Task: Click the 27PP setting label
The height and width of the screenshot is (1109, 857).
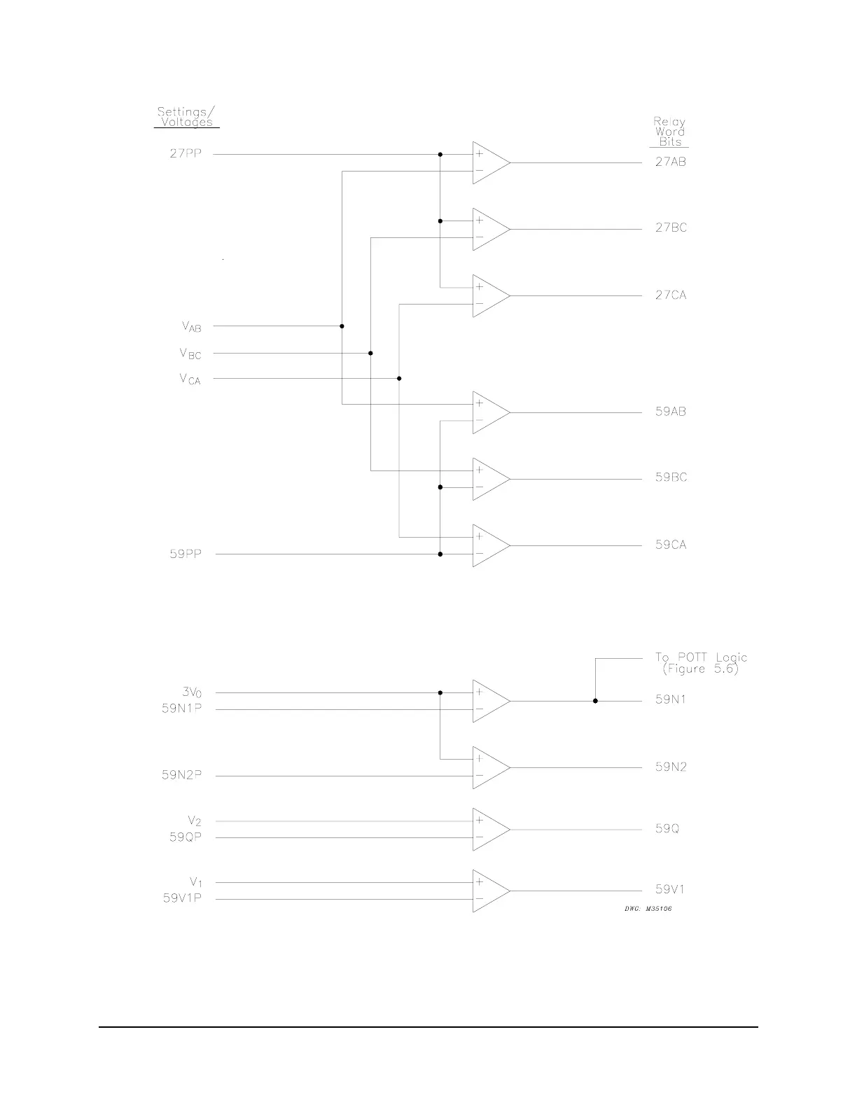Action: click(x=185, y=154)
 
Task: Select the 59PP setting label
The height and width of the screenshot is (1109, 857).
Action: click(x=185, y=554)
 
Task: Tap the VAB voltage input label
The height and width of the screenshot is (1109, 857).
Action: click(x=191, y=326)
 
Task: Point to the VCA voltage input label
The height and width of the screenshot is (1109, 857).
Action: click(x=190, y=379)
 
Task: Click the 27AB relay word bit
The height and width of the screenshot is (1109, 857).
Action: click(x=670, y=162)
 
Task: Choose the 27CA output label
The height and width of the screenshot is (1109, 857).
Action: click(x=671, y=295)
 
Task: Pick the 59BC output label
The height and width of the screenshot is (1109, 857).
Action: click(x=671, y=477)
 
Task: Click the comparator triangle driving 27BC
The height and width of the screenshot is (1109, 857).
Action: click(x=489, y=229)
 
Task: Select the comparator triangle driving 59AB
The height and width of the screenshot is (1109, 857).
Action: click(x=489, y=412)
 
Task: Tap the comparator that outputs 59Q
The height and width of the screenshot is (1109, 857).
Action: click(x=489, y=829)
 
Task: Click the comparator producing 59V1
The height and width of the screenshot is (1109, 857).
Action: click(x=489, y=891)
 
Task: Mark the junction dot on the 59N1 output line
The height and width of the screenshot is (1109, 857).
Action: click(x=595, y=701)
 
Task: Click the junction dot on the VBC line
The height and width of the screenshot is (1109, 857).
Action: click(x=370, y=354)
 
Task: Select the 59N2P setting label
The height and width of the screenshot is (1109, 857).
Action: click(x=181, y=776)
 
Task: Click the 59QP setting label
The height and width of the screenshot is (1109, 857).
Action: click(x=185, y=837)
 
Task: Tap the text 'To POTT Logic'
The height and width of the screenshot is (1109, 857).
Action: click(x=701, y=657)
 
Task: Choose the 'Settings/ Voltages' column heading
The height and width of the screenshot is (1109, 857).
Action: click(x=186, y=117)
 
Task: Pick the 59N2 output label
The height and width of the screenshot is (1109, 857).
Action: click(x=671, y=767)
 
